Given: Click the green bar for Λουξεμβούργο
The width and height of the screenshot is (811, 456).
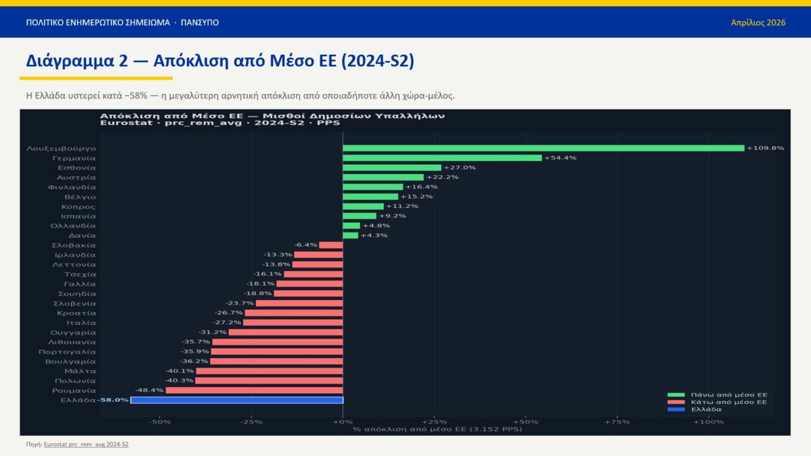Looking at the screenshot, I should [543, 148].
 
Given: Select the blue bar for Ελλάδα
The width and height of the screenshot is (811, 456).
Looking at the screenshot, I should [237, 400].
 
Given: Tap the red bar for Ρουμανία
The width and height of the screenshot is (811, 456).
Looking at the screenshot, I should [254, 390].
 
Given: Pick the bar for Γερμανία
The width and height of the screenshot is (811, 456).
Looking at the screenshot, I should [442, 157].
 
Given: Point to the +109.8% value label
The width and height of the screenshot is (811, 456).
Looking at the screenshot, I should [765, 148].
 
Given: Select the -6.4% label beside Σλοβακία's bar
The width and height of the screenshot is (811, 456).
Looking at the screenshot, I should [305, 245].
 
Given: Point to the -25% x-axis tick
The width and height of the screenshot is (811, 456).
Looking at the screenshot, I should [251, 422].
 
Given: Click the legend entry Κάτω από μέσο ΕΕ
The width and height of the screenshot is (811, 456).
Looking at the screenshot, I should [728, 402].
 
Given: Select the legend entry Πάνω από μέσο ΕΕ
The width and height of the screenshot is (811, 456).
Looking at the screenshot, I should [728, 395].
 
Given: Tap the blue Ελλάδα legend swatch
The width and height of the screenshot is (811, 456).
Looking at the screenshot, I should [675, 409].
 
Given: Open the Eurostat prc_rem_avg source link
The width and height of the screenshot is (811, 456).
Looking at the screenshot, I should [86, 445].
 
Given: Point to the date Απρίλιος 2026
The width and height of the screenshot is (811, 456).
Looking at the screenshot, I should [758, 22].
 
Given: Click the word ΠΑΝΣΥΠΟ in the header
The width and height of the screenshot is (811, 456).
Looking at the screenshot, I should [199, 22].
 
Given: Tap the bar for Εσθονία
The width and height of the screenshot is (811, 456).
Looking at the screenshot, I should [392, 168].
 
